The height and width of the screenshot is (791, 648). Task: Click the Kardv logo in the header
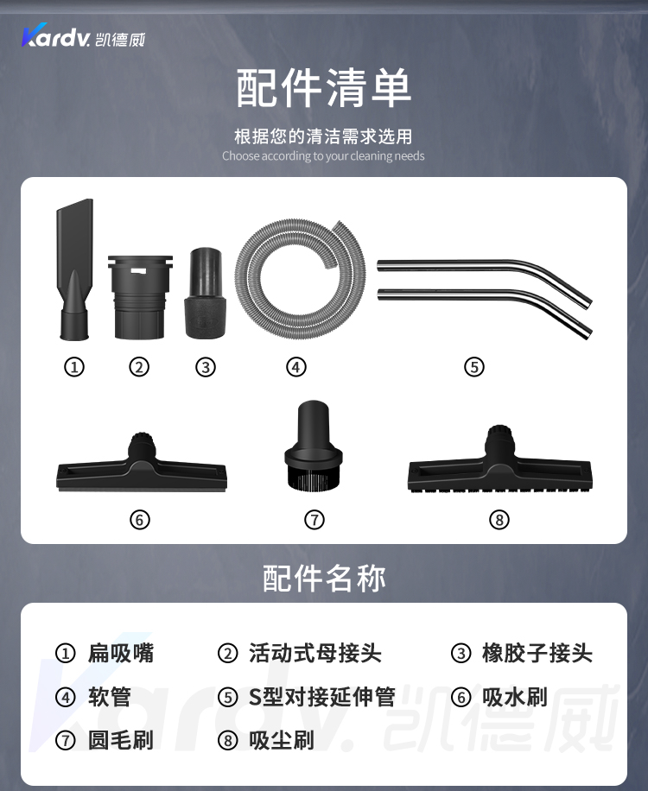(83, 35)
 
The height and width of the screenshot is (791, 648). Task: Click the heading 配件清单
(324, 88)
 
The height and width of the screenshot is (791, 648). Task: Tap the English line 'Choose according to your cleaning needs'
(323, 156)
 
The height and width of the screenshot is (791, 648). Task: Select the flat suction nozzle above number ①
(74, 269)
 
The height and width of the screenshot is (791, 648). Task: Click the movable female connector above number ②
(139, 297)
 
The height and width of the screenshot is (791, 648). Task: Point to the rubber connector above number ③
(206, 293)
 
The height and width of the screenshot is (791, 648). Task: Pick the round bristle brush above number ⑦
(314, 445)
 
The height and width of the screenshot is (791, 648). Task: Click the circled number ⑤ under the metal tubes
(473, 367)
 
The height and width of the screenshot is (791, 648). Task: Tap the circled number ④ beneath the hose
(295, 367)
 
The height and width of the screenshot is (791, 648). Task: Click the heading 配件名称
(324, 578)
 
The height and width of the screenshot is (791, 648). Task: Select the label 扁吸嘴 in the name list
(121, 653)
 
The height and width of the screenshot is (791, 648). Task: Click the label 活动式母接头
(314, 653)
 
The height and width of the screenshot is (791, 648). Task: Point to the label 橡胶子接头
(537, 653)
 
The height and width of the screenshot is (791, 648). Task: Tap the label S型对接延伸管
(322, 697)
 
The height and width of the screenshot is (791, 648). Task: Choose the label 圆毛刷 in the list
(121, 741)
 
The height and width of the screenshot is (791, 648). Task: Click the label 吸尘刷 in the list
(282, 741)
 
